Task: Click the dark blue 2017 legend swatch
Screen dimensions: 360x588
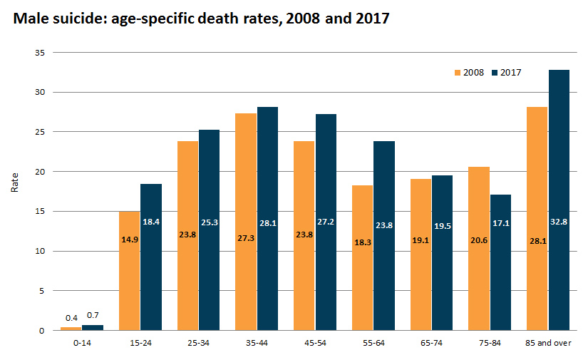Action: pos(495,73)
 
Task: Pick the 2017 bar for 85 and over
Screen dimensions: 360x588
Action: pos(559,200)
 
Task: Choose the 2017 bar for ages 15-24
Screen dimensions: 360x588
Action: pos(150,257)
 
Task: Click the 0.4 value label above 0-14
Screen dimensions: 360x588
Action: pos(71,317)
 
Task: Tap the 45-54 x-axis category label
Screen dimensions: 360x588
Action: pos(315,343)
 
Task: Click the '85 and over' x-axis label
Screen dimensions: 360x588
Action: pos(548,343)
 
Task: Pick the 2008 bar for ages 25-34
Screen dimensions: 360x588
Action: pos(187,235)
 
